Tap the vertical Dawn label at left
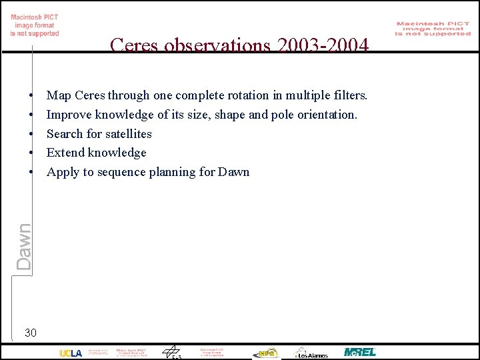click(24, 246)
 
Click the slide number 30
click(31, 332)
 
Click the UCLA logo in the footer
click(71, 353)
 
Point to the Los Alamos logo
click(311, 353)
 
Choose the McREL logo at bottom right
click(360, 352)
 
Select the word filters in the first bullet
click(349, 95)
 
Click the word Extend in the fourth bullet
click(65, 153)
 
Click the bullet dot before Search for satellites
click(31, 135)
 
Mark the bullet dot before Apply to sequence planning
click(31, 173)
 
